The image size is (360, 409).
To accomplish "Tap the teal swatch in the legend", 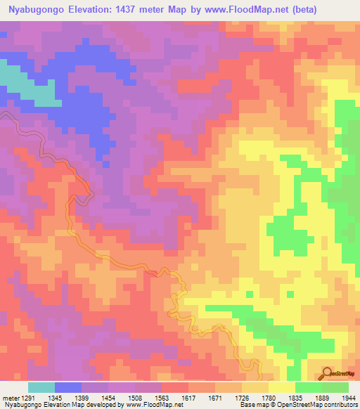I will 41,387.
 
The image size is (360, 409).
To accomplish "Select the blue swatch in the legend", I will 68,387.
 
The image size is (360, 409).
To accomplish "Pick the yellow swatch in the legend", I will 282,387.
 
